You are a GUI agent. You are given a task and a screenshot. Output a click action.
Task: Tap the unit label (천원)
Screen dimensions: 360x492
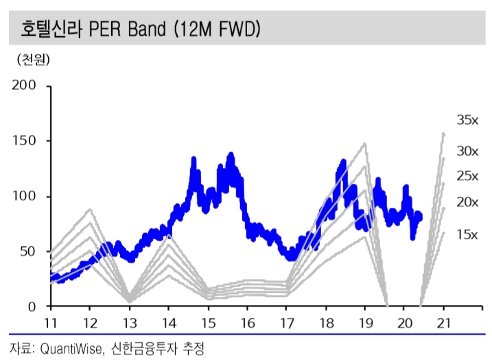34,60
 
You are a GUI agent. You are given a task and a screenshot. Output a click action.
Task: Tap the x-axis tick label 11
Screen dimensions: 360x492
50,322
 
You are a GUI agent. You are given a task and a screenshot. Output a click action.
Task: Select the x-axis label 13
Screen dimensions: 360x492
129,322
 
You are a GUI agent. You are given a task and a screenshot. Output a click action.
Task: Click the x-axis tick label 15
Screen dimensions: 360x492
208,322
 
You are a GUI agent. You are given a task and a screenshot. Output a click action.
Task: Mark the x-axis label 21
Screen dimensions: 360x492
444,322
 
